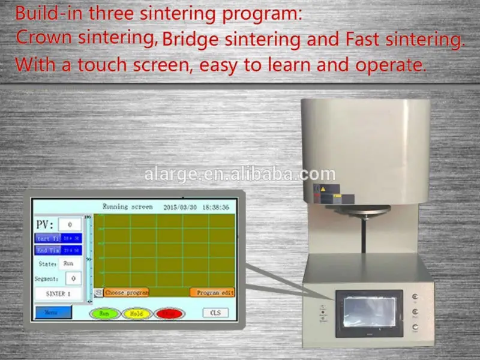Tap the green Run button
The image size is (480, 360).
pyautogui.click(x=103, y=313)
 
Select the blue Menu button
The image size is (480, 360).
pyautogui.click(x=53, y=312)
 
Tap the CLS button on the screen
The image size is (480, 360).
pyautogui.click(x=215, y=313)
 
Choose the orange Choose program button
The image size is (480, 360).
pyautogui.click(x=126, y=293)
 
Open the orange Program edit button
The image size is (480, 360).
pyautogui.click(x=212, y=293)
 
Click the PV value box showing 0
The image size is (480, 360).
pyautogui.click(x=70, y=224)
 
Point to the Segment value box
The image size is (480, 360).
pyautogui.click(x=73, y=278)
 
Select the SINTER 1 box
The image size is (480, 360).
pyautogui.click(x=58, y=294)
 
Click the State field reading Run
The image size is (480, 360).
pyautogui.click(x=68, y=263)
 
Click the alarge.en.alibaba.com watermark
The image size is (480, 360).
pyautogui.click(x=240, y=174)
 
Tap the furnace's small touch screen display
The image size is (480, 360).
pyautogui.click(x=368, y=311)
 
